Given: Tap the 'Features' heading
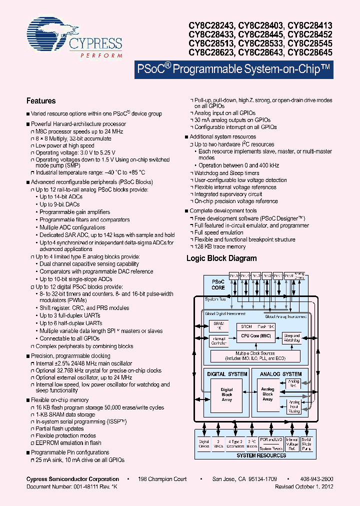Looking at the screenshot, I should [x=41, y=101].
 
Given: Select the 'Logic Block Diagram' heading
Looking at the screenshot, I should [x=221, y=258].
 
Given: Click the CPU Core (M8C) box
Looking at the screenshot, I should [x=256, y=336].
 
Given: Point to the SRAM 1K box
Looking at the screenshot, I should [x=219, y=325].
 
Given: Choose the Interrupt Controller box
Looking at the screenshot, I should [x=219, y=341].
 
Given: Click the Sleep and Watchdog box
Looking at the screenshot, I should [x=291, y=338].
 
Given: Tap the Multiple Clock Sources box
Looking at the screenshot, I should [x=255, y=356].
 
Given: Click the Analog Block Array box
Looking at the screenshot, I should [x=267, y=394].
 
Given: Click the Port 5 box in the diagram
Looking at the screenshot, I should [x=233, y=275].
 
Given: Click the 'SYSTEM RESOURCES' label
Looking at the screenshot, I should [x=260, y=455].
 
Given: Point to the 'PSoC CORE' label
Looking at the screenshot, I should [x=218, y=284].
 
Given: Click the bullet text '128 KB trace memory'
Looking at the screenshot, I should [x=219, y=246].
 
